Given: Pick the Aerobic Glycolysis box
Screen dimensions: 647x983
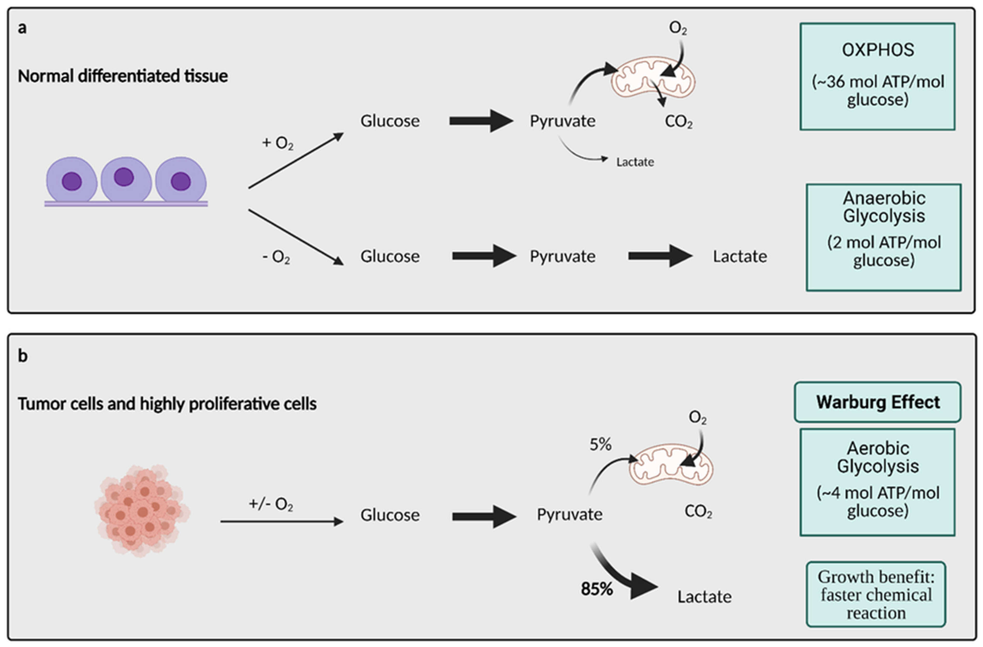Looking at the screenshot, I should pyautogui.click(x=877, y=482).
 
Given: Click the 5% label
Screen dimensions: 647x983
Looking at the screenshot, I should pyautogui.click(x=600, y=445).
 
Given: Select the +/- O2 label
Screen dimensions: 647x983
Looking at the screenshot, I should pyautogui.click(x=271, y=504).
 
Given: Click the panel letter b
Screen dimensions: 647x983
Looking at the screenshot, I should pyautogui.click(x=23, y=355).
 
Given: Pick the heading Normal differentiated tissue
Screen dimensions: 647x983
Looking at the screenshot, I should pyautogui.click(x=123, y=76).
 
